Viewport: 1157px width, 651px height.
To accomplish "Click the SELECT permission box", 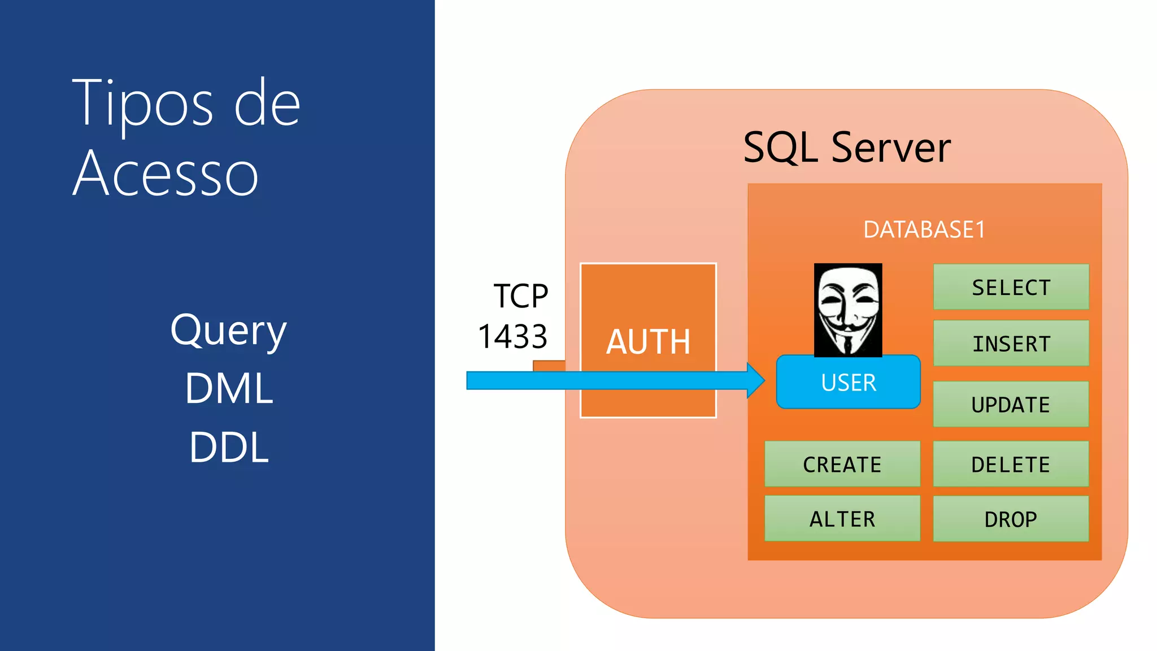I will [1011, 287].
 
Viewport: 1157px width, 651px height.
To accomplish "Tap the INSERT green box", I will [1011, 343].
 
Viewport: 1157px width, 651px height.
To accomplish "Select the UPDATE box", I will [1011, 404].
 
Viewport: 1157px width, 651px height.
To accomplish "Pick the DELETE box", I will [1011, 464].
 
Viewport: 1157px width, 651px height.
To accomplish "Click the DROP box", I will [1011, 519].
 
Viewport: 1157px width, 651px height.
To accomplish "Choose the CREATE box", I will [842, 464].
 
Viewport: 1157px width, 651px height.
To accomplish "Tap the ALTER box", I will [842, 519].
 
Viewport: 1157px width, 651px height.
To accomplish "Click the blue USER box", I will [848, 383].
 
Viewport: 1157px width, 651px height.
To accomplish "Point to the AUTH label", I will [648, 342].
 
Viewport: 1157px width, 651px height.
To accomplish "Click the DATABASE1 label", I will [924, 229].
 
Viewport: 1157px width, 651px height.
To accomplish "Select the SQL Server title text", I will [846, 147].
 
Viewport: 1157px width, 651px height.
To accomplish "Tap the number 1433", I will [512, 337].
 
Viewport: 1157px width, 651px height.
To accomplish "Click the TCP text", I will [520, 296].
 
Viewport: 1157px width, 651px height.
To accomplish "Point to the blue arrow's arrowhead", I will [756, 380].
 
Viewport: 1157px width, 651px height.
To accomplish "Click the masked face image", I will [847, 310].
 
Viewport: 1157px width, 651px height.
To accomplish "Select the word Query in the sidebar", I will [229, 331].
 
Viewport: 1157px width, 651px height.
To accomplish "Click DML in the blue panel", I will [229, 388].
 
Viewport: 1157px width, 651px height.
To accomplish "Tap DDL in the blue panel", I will [229, 447].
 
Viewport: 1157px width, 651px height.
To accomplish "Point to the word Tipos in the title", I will [142, 104].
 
